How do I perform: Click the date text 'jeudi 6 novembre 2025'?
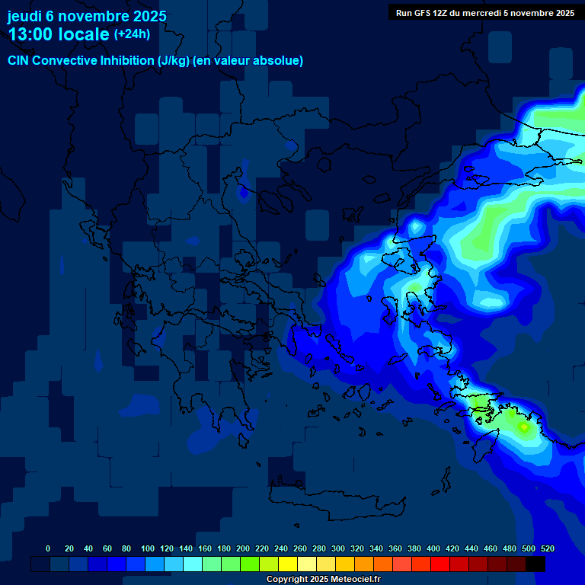tap(87, 16)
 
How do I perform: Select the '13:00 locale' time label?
tap(59, 34)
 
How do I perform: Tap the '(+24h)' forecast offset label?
tap(132, 34)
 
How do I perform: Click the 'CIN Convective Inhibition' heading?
tap(82, 61)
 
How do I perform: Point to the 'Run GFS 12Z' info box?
tap(485, 12)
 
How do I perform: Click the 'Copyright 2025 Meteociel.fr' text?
tap(323, 580)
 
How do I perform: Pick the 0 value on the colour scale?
tap(48, 549)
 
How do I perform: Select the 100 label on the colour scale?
tap(147, 549)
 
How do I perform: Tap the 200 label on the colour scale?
tap(243, 549)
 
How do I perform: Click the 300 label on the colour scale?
tap(338, 549)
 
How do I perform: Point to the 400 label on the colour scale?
tap(433, 549)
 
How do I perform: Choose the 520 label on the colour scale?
tap(547, 549)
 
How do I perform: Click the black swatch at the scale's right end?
tap(535, 564)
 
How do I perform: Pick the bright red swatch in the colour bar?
tap(440, 564)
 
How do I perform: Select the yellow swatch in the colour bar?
tap(288, 564)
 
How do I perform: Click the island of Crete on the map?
tap(335, 503)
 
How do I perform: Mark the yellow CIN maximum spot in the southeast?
tap(524, 427)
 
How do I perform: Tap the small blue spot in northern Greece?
tap(243, 193)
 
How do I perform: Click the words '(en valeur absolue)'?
tap(249, 61)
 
